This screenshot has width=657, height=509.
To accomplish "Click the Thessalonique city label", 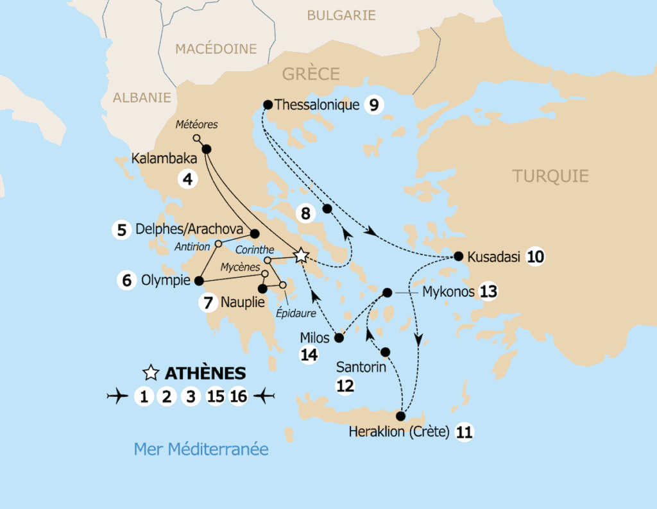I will click(x=316, y=104).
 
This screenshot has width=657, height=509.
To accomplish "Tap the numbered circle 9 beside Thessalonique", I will click(x=373, y=104).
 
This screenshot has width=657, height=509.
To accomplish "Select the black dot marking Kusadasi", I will click(x=458, y=256).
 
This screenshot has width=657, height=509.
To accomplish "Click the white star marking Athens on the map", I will click(x=301, y=256).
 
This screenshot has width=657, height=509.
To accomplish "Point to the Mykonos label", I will click(x=448, y=292).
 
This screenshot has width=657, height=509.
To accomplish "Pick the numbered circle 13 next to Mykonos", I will click(x=488, y=292).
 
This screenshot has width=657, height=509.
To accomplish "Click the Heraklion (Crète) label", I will click(x=398, y=432).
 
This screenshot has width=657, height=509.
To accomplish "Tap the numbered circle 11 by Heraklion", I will click(x=464, y=432).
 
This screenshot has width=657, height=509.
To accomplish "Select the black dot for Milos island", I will click(x=339, y=337).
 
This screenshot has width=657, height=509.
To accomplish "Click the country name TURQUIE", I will click(x=550, y=176).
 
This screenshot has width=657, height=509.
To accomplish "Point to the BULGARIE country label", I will click(x=341, y=15).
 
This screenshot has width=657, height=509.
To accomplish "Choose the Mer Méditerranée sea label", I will click(x=201, y=449).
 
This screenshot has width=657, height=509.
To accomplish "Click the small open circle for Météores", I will click(x=197, y=138).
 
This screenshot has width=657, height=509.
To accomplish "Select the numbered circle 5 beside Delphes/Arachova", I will click(x=121, y=229).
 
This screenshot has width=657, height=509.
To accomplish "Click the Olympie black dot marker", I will click(x=199, y=280).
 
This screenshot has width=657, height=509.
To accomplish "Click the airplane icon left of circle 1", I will click(x=117, y=397).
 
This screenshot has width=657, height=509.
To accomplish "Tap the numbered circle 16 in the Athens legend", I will click(x=238, y=397).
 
